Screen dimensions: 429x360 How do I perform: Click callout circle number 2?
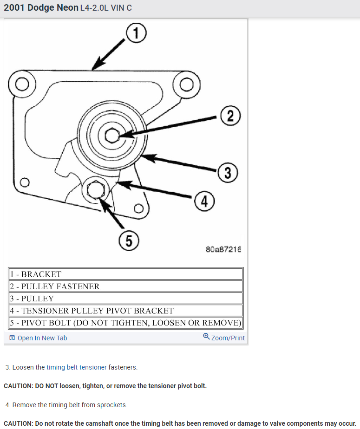click(x=230, y=116)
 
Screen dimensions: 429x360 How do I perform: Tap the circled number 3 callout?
click(x=227, y=173)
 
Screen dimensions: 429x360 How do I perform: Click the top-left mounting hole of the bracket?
click(x=20, y=84)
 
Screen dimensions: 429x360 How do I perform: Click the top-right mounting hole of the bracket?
click(x=186, y=84)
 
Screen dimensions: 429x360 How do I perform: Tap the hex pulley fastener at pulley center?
click(x=111, y=136)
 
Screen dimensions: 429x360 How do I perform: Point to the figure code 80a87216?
click(x=223, y=249)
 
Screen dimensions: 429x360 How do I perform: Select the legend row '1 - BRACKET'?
click(x=125, y=274)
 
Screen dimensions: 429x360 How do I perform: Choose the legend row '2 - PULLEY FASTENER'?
click(x=125, y=286)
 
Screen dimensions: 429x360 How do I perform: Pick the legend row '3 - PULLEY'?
click(x=125, y=299)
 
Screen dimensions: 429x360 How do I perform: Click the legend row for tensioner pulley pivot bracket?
click(x=125, y=311)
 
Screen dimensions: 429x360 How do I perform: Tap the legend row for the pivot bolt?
click(x=125, y=323)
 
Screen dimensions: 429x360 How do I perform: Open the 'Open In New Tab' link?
click(x=42, y=338)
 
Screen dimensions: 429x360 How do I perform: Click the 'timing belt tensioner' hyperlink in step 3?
click(x=77, y=367)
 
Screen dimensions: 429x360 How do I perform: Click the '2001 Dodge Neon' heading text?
click(x=41, y=8)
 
